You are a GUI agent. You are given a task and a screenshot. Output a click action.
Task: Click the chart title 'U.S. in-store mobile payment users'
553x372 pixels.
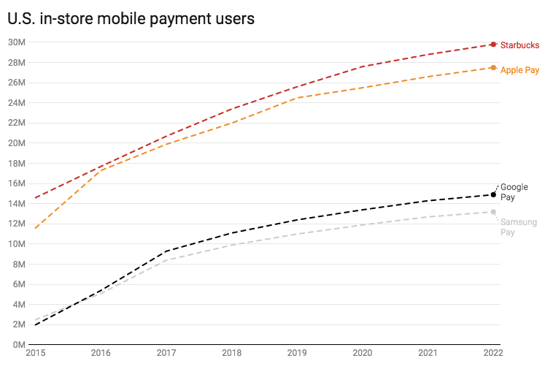click(131, 19)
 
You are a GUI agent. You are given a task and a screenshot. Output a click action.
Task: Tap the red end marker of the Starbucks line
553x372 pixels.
click(493, 45)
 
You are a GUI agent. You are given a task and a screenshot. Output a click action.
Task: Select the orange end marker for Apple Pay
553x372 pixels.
click(493, 68)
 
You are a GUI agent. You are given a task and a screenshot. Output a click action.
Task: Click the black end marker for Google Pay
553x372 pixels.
click(493, 194)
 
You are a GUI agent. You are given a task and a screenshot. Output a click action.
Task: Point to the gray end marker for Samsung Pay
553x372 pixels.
click(493, 212)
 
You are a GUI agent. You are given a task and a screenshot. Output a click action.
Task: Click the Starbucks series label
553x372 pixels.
click(519, 45)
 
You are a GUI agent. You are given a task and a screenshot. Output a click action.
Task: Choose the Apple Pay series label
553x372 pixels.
click(519, 70)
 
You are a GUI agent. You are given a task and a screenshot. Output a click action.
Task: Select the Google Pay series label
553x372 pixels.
click(514, 192)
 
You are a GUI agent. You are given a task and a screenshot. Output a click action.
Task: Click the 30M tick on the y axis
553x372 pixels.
click(16, 42)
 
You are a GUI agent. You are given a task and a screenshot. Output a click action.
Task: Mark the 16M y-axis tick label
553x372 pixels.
click(16, 183)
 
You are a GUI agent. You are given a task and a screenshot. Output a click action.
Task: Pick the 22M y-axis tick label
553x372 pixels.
click(16, 123)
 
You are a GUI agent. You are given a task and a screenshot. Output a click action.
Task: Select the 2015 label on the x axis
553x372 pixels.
click(35, 354)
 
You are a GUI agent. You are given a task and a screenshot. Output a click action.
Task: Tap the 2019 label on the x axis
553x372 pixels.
click(297, 354)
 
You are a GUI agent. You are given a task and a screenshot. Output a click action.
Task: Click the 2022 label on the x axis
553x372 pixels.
click(493, 354)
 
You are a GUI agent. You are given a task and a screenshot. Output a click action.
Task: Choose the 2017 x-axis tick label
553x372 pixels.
click(166, 354)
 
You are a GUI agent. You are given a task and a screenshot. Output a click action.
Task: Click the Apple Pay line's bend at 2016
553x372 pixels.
click(101, 170)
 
